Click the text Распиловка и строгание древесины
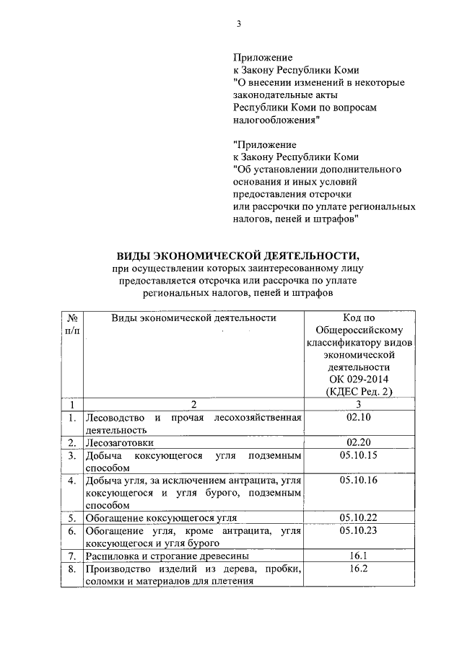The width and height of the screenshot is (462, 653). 167,556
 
